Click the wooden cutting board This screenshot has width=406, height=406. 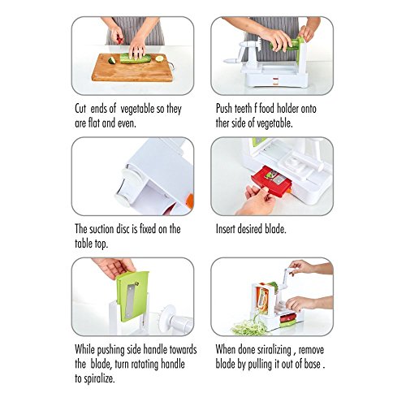pos(132,68)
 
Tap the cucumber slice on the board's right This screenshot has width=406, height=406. pos(159,58)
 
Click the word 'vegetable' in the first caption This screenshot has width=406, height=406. pos(138,109)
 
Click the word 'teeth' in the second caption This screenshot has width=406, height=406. pos(244,109)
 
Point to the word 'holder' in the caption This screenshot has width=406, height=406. pos(288,109)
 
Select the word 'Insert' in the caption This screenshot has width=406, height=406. pos(225,229)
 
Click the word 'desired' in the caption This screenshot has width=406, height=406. pos(250,229)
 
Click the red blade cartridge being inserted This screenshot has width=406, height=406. pos(271,181)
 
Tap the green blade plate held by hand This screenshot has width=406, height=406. pos(132,296)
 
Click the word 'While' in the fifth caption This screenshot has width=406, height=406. pos(84,349)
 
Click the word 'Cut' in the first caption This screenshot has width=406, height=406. pos(80,109)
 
